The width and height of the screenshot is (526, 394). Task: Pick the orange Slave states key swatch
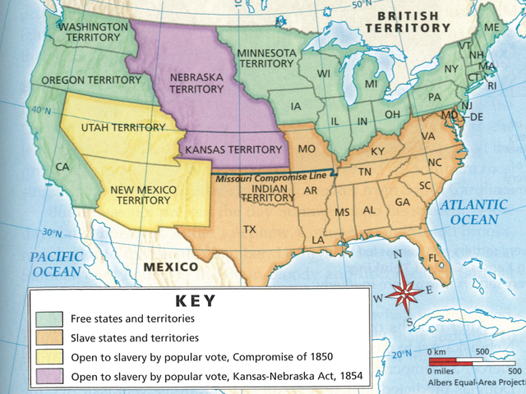coord(48,337)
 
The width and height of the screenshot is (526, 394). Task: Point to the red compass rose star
coord(402,292)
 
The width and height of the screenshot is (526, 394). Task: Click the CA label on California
coord(62,167)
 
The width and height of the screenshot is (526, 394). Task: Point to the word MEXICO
coord(171,268)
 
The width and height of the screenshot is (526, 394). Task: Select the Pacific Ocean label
coord(56,263)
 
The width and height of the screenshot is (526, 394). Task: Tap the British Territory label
coord(408,21)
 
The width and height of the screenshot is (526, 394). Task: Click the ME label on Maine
coord(492,27)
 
